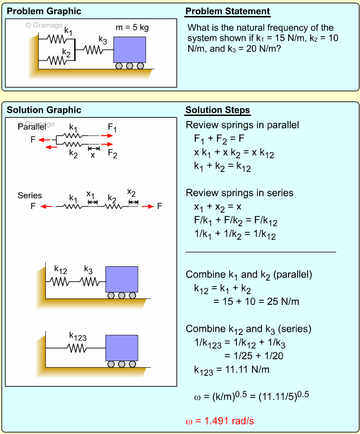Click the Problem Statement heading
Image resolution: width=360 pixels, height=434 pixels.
(x=228, y=11)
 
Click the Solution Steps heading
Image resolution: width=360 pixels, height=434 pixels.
(x=218, y=110)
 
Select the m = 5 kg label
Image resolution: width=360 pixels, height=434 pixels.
(x=132, y=27)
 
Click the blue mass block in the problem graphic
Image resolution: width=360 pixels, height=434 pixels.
(x=130, y=49)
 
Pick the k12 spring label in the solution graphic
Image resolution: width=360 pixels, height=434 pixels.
(x=60, y=269)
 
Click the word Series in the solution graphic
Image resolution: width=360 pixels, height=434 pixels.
(x=30, y=196)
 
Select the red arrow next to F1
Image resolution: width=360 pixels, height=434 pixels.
(x=107, y=136)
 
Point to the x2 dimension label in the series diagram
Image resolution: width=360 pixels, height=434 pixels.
(x=132, y=192)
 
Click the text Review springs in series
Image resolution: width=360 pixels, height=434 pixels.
(x=240, y=192)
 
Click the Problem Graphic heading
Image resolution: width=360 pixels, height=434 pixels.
(x=44, y=11)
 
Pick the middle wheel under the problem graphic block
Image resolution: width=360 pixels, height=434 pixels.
(x=130, y=66)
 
